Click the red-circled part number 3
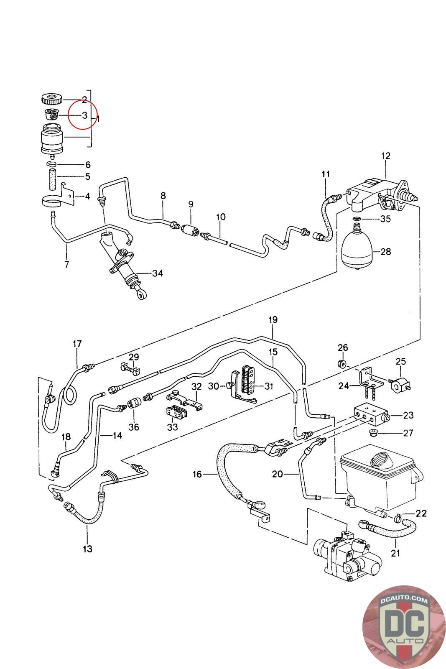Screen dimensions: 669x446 (x=84, y=115)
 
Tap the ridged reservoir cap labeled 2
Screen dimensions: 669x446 (x=52, y=100)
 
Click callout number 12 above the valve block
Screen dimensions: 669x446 (x=385, y=156)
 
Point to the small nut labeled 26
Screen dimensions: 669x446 (x=341, y=363)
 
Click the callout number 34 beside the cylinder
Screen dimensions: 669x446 (x=157, y=273)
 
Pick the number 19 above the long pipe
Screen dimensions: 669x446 (x=273, y=320)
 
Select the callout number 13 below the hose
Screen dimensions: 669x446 (x=87, y=549)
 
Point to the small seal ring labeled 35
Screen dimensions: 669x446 (x=356, y=219)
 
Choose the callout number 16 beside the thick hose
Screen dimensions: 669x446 (x=197, y=474)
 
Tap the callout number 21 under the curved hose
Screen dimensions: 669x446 (x=395, y=553)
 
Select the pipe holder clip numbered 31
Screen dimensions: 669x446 (x=247, y=381)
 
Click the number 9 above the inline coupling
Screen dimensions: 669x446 (x=191, y=204)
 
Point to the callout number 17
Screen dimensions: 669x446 (x=77, y=344)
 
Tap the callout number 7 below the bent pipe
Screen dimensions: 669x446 (x=67, y=264)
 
